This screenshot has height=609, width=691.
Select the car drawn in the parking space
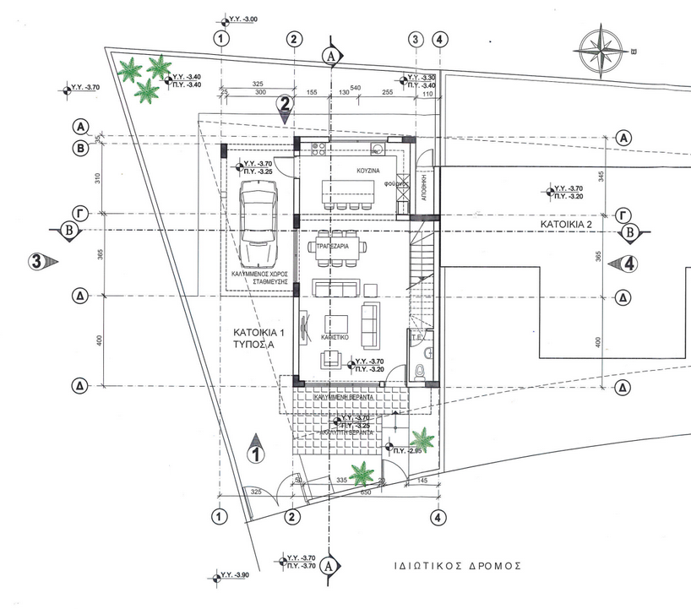258,224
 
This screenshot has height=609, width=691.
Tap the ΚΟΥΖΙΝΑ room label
347,171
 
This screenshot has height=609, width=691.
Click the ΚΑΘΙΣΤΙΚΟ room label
335,336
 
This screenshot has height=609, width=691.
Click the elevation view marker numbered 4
626,263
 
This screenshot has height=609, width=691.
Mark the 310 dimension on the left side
98,177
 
